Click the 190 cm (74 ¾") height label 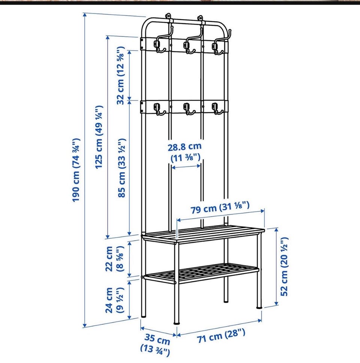76,170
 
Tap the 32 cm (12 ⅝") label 121,75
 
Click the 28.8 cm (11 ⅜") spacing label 185,152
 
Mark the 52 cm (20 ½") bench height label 284,267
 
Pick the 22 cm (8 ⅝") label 115,259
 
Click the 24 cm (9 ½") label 115,300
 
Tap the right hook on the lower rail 217,109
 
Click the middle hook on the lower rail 188,109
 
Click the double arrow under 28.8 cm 186,166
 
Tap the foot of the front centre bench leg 177,322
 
